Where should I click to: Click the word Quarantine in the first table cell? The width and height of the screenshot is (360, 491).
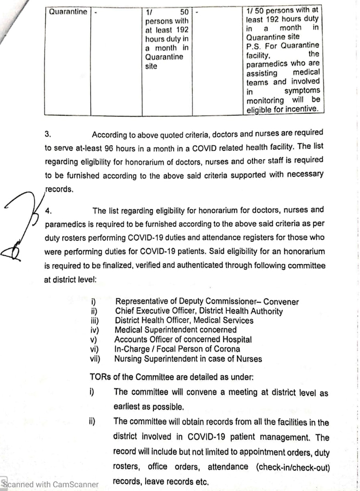(x=68, y=11)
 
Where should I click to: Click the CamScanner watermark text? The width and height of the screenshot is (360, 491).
(x=50, y=484)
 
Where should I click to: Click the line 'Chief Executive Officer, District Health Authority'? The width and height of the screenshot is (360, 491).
(x=199, y=311)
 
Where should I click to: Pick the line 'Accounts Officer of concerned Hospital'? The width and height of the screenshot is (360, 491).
(x=183, y=340)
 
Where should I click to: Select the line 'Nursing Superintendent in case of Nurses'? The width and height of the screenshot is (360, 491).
(x=188, y=359)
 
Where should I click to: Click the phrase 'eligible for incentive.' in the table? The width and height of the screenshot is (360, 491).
(x=283, y=110)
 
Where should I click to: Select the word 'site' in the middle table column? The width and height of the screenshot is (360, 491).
(x=151, y=66)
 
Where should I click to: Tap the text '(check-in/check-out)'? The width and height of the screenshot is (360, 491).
(x=292, y=467)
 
